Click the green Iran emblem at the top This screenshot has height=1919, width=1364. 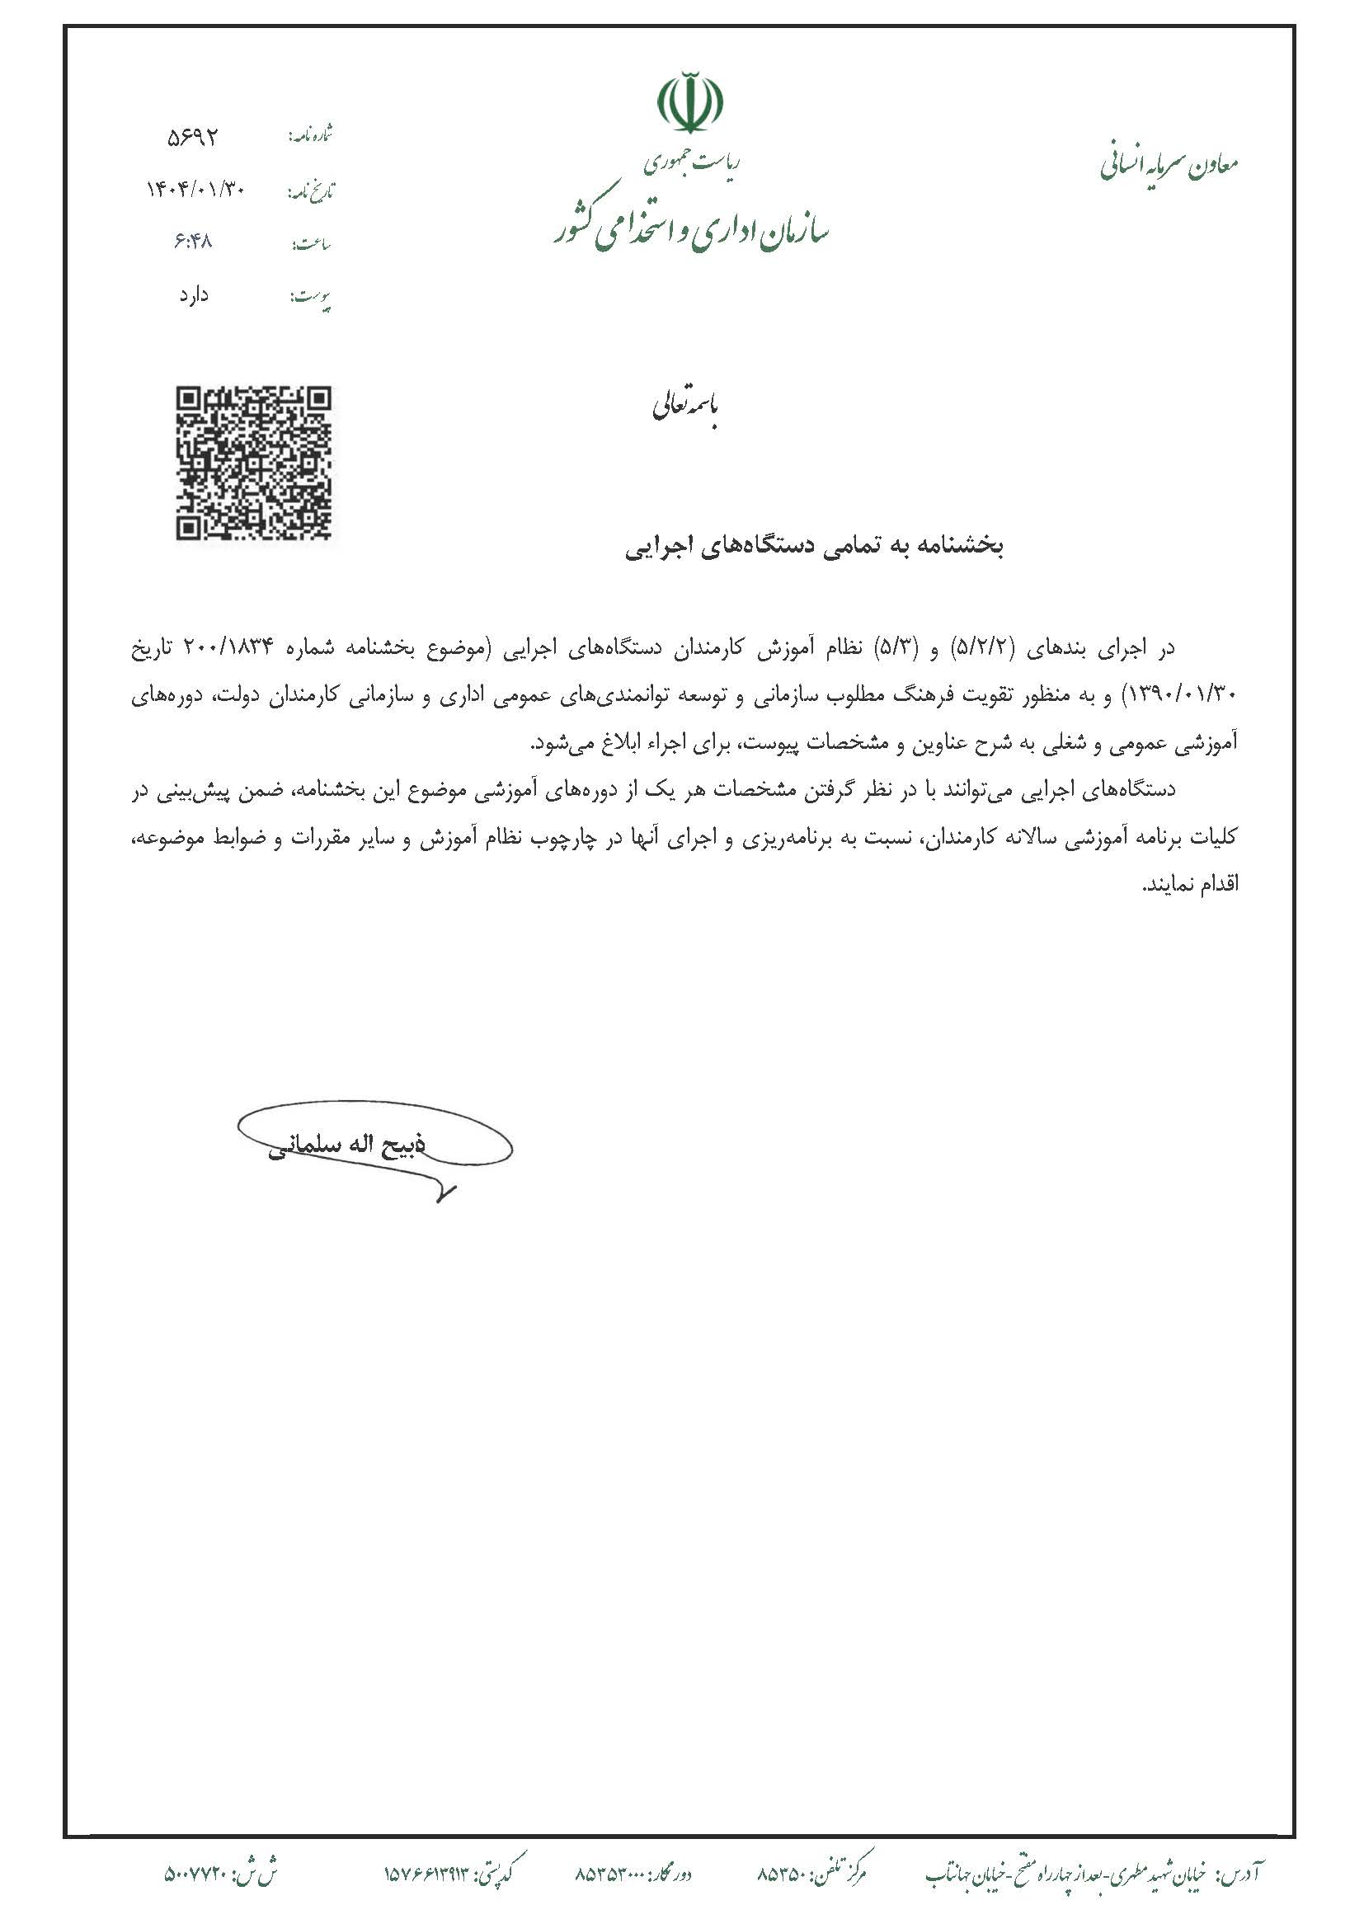pyautogui.click(x=689, y=103)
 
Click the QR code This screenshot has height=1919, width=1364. pyautogui.click(x=253, y=463)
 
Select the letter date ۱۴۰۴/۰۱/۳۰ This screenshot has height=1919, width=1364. pyautogui.click(x=195, y=190)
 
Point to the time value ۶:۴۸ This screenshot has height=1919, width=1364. pyautogui.click(x=193, y=242)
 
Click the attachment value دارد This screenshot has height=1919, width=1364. pyautogui.click(x=193, y=295)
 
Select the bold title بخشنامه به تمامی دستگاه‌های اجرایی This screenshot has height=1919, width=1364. pyautogui.click(x=814, y=547)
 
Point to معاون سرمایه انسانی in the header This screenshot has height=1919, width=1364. pyautogui.click(x=1169, y=165)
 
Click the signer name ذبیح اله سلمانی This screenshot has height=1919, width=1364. pyautogui.click(x=346, y=1146)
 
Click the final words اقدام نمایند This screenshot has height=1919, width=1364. pyautogui.click(x=1190, y=885)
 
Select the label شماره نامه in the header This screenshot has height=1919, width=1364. pyautogui.click(x=311, y=134)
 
